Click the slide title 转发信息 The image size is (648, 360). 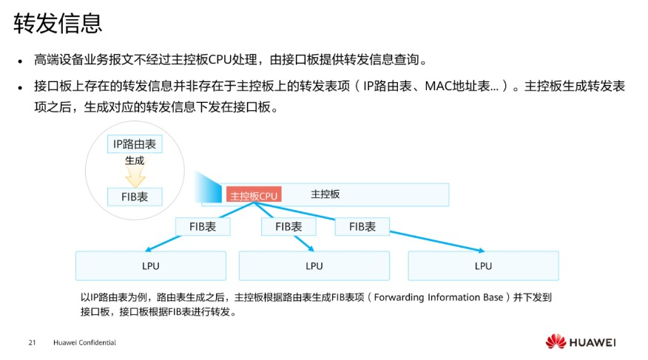point(58,24)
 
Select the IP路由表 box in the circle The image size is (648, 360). point(134,144)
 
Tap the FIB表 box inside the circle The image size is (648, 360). point(134,196)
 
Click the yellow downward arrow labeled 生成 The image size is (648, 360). point(135,174)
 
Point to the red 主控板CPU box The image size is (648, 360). point(253,196)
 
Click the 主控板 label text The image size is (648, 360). point(325,194)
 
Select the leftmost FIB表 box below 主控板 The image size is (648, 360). point(203,227)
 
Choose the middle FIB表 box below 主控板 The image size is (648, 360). point(288,227)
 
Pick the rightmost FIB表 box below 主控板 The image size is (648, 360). point(362,227)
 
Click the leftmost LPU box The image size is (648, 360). point(151,265)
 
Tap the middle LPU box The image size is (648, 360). point(314,265)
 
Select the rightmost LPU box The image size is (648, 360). point(483,265)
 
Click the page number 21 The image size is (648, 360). point(32,343)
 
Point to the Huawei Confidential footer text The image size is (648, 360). point(84,343)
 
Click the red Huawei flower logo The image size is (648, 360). point(556,342)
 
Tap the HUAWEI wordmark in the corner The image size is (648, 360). point(593,342)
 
